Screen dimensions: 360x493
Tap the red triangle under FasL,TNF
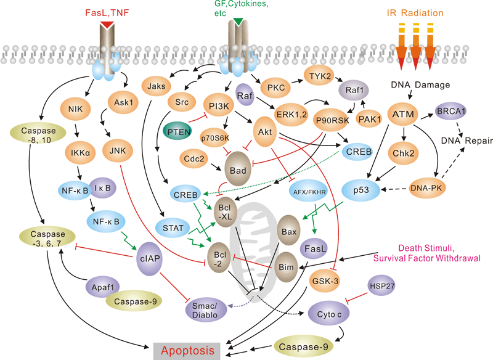pyautogui.click(x=107, y=23)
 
